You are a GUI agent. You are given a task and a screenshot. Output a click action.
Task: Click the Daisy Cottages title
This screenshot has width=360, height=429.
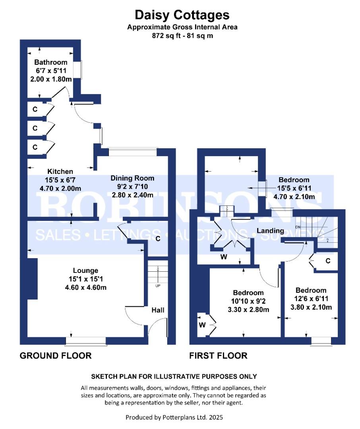coord(182,15)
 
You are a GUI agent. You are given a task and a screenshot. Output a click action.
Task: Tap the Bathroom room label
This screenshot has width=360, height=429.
coord(51,62)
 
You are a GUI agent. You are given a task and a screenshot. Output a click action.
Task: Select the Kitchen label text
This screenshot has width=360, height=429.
coord(60,172)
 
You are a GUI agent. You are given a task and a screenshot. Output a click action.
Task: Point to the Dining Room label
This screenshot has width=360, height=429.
coord(132,178)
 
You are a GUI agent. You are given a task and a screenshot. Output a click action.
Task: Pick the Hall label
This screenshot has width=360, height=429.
coord(158,310)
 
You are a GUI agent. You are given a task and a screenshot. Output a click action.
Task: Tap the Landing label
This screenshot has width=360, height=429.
coord(270,230)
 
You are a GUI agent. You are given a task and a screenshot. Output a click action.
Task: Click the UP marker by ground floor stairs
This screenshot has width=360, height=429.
coord(158,286)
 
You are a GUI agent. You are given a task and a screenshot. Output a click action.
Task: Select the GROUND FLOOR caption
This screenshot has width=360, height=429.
coord(56,356)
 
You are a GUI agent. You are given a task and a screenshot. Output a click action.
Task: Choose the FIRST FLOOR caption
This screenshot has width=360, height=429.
coord(218,356)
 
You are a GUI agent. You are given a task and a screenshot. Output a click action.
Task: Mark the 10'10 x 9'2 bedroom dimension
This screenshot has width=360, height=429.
coord(248,301)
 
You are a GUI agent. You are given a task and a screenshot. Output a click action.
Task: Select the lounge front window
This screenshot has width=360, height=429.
coord(86,341)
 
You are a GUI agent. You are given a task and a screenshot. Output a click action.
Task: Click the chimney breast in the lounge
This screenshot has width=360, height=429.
coord(32,278)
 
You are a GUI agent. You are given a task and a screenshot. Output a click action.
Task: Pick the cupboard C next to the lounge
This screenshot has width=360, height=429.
coord(158,239)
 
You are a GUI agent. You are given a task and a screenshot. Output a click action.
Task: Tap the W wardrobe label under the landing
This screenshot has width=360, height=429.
coord(224,257)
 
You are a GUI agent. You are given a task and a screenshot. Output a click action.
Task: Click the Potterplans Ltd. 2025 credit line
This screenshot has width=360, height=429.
coord(177,417)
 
